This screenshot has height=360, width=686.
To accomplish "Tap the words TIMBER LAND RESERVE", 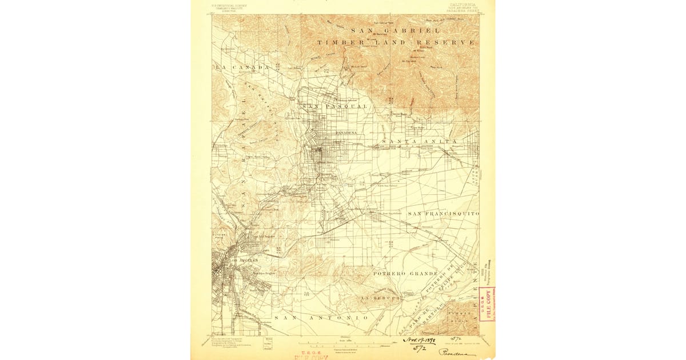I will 396,42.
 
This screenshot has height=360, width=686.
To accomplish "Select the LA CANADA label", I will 242,67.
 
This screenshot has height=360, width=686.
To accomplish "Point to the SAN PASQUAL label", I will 326,106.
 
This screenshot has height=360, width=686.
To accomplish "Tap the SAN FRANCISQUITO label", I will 443,213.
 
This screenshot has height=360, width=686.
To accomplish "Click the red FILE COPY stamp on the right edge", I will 487,303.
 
